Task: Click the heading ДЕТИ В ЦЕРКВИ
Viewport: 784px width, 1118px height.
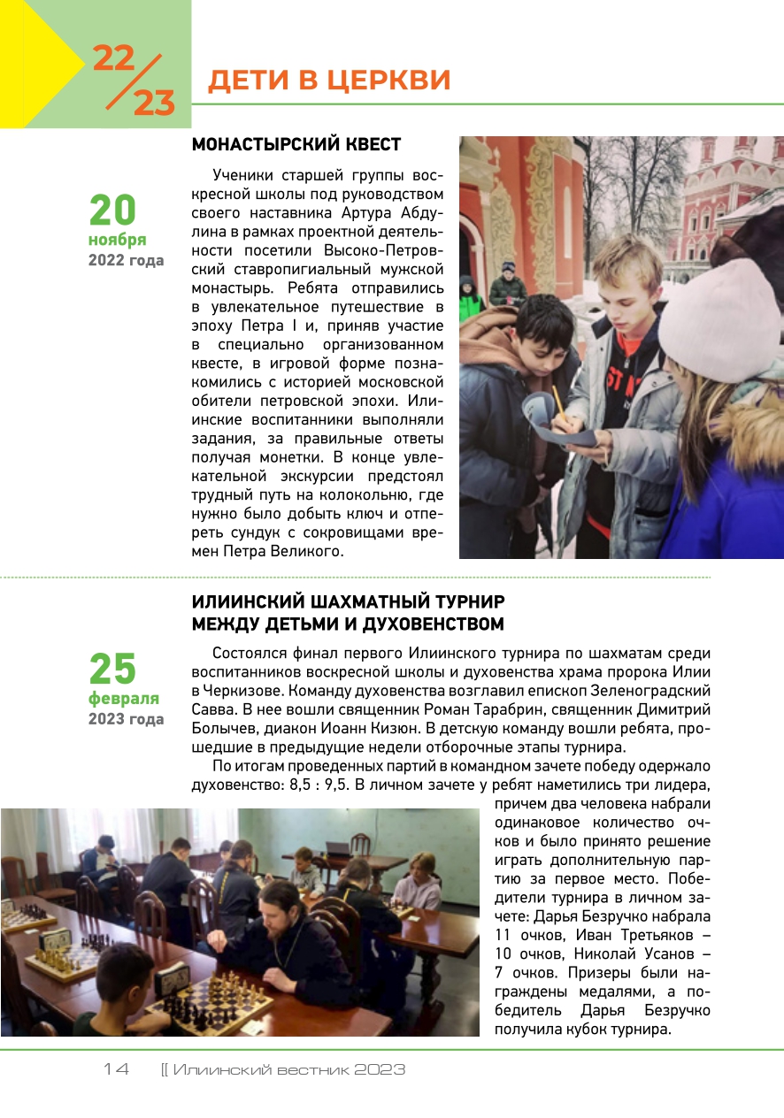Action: pyautogui.click(x=328, y=80)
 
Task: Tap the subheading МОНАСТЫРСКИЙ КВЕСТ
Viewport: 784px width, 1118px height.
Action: pyautogui.click(x=296, y=144)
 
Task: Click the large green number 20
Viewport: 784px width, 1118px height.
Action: pyautogui.click(x=112, y=211)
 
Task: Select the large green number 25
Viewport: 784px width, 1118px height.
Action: pyautogui.click(x=112, y=669)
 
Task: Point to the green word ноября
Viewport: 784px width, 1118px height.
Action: pyautogui.click(x=117, y=241)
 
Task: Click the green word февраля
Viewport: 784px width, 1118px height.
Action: pyautogui.click(x=123, y=699)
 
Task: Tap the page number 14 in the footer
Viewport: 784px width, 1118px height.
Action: pyautogui.click(x=116, y=1069)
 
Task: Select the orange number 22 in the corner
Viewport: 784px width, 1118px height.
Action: pyautogui.click(x=113, y=58)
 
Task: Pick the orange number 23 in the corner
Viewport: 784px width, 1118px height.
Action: pyautogui.click(x=154, y=103)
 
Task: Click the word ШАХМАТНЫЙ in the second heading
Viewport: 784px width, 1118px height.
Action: pyautogui.click(x=353, y=602)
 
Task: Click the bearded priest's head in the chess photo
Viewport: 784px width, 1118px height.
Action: pyautogui.click(x=278, y=902)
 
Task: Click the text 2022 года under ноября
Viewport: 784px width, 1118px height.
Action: pyautogui.click(x=126, y=261)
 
